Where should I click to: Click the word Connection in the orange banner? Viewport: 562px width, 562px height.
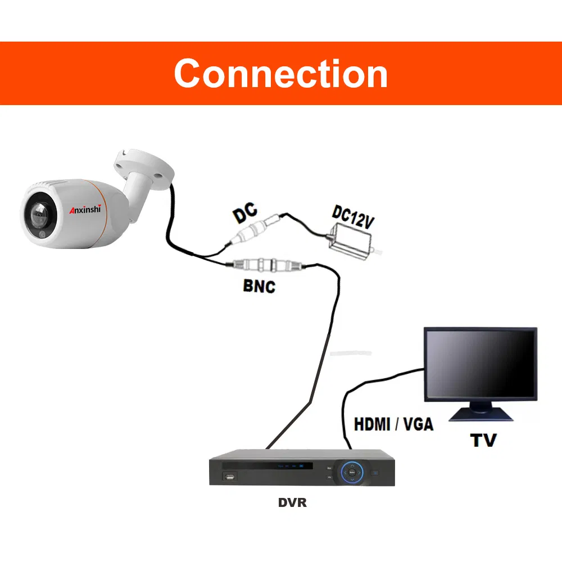[280, 74]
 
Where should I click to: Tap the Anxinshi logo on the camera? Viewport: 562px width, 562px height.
[84, 210]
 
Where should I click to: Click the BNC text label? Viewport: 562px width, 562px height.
[259, 285]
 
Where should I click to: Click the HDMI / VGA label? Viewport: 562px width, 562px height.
[393, 424]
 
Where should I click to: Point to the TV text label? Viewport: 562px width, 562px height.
[483, 439]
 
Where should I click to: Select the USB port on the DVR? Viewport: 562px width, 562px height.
[229, 478]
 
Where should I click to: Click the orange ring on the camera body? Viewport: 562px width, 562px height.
[99, 211]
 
